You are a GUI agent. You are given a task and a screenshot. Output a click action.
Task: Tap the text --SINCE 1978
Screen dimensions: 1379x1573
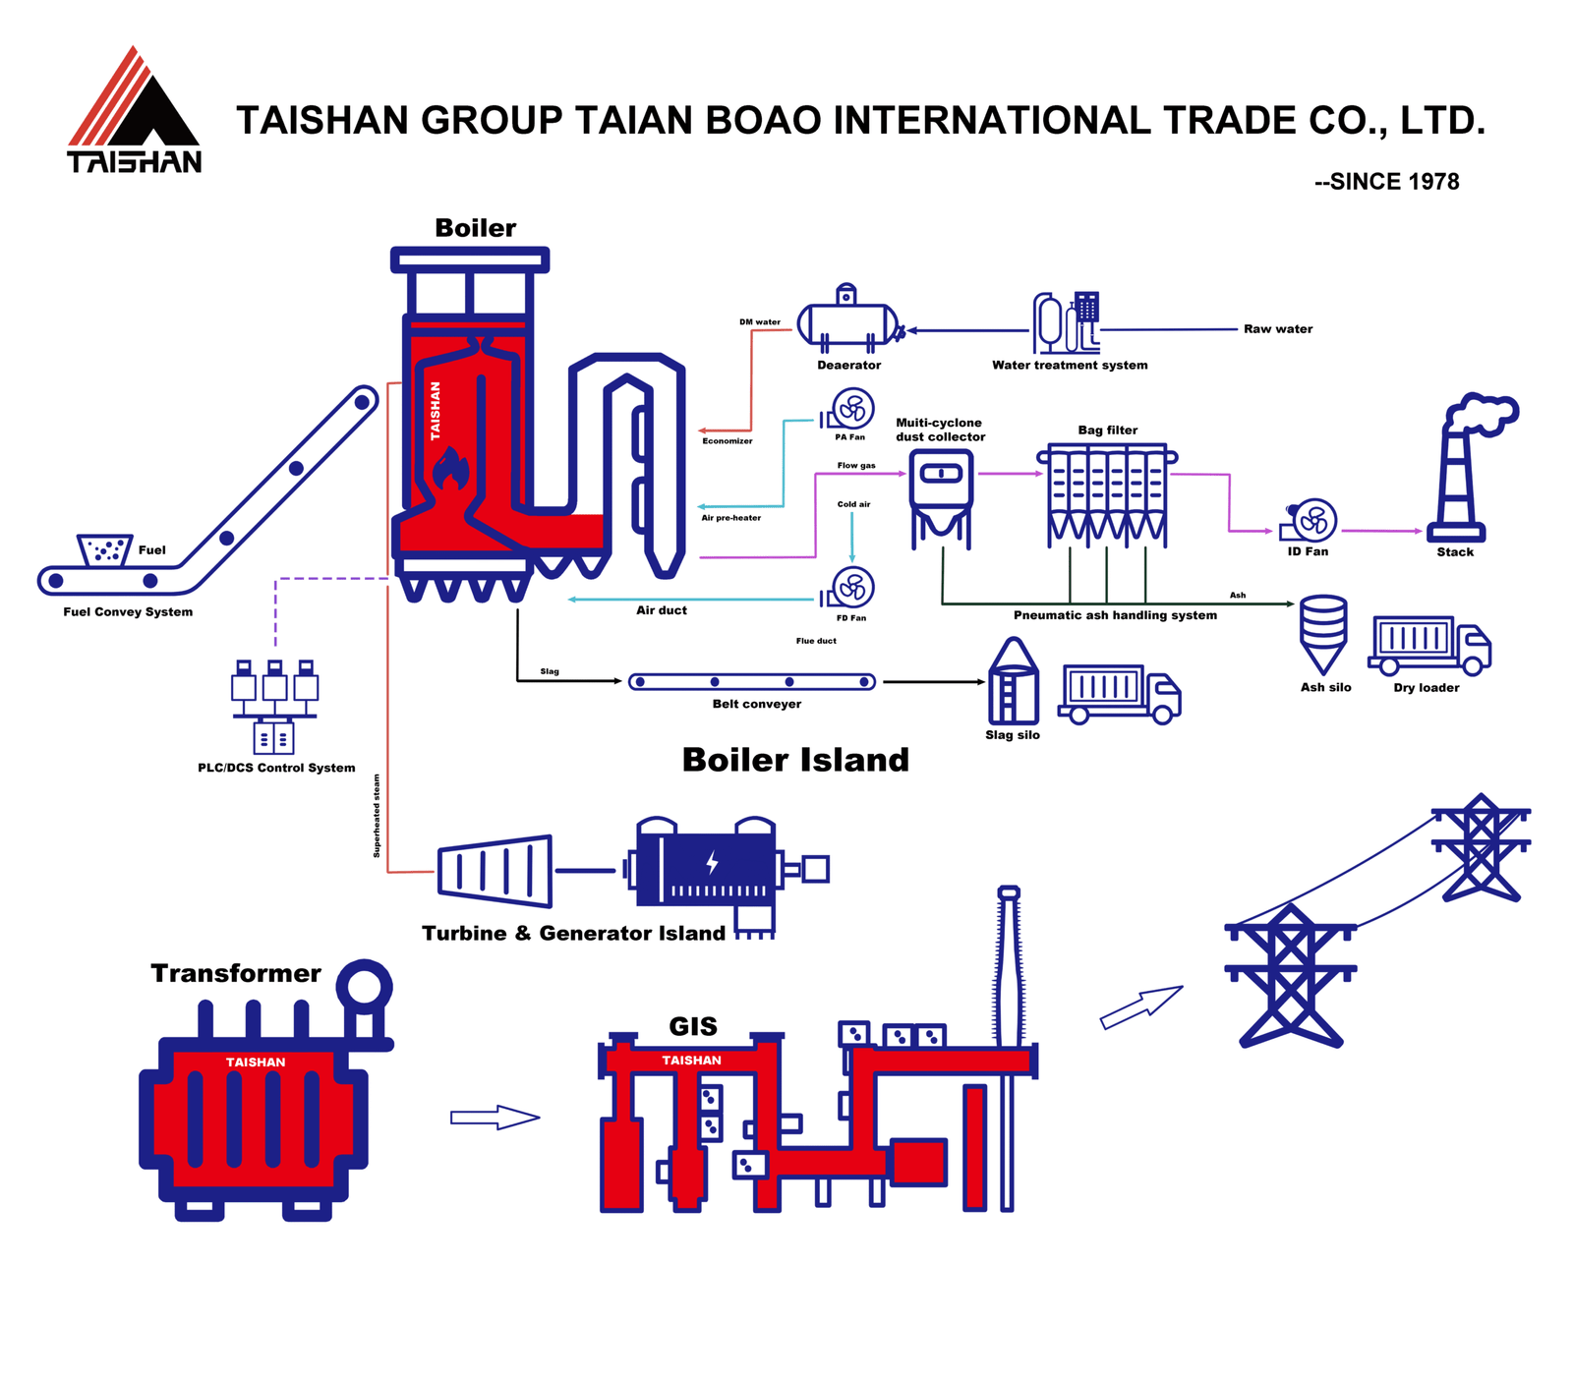point(1386,182)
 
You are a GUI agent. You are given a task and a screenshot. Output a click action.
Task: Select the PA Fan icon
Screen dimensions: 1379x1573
point(851,408)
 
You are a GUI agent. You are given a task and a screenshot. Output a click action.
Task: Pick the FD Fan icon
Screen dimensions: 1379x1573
point(851,588)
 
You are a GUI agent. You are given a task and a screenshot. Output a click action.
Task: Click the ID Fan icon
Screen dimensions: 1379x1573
point(1312,521)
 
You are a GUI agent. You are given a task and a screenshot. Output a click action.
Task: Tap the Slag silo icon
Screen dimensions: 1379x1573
point(1013,683)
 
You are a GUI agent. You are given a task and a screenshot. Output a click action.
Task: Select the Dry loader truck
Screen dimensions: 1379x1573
point(1428,645)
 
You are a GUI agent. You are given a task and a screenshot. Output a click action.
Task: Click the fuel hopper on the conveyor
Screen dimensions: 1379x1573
point(104,550)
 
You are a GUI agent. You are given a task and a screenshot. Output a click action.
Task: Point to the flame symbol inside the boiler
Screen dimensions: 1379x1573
point(451,469)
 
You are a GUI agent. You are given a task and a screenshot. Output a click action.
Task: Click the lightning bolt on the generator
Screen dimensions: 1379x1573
point(713,863)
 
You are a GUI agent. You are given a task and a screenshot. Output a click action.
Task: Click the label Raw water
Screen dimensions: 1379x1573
point(1277,329)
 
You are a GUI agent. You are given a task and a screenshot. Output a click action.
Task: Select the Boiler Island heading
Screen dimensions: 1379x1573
point(795,760)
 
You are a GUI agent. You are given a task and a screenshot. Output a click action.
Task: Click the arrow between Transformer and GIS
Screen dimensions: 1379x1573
point(495,1118)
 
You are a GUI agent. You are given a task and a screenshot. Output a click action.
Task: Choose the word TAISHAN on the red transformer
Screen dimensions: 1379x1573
point(256,1063)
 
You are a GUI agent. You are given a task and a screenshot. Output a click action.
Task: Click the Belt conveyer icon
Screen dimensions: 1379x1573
point(752,682)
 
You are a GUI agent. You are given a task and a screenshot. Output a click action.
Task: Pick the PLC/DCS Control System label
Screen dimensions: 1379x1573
point(276,768)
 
